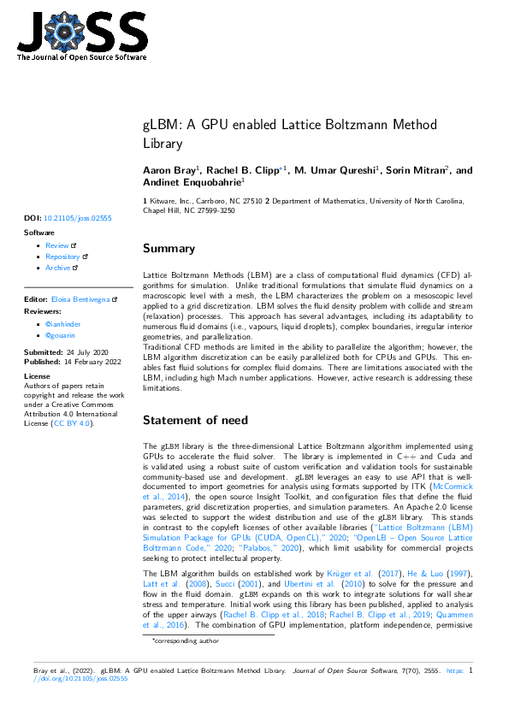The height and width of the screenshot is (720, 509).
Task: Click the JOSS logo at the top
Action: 81,35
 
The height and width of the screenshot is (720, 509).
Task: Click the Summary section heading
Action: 169,249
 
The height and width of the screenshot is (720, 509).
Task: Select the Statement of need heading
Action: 195,420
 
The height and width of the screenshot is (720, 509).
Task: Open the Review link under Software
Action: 57,245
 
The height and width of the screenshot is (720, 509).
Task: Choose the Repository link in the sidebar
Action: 62,257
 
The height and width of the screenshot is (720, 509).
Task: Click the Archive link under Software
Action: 58,268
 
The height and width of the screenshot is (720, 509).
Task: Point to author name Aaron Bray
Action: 168,171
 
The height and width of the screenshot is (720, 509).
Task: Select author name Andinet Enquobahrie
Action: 192,182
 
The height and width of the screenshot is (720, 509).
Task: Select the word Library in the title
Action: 163,144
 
